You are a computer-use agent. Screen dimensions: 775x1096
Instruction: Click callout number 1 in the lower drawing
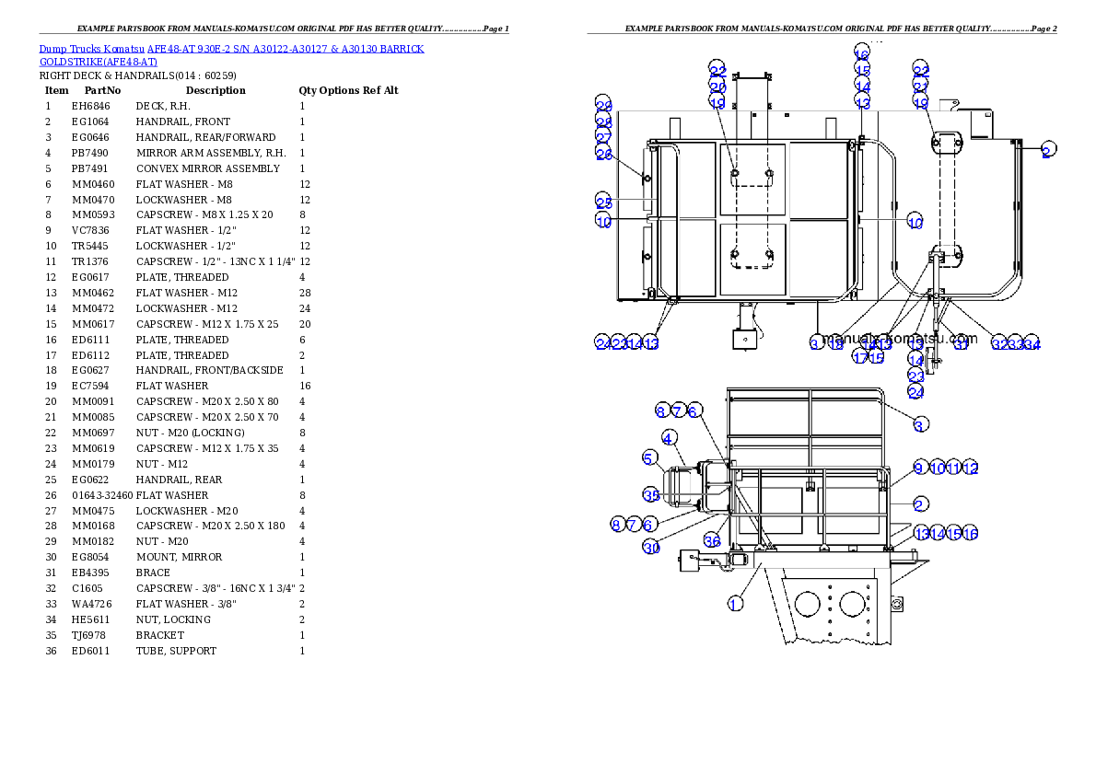tap(735, 604)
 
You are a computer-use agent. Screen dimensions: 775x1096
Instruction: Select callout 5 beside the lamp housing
tap(649, 457)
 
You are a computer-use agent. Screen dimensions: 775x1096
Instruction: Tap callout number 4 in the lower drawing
tap(669, 438)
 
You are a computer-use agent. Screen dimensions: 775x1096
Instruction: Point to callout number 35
tap(651, 495)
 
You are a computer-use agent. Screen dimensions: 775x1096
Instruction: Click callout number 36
tap(712, 540)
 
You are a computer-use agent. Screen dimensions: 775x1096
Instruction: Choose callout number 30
tap(651, 548)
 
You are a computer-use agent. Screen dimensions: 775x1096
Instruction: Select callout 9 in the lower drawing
tap(919, 468)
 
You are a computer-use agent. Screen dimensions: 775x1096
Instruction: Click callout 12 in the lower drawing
tap(970, 468)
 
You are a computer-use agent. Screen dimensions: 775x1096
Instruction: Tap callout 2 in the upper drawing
tap(1046, 152)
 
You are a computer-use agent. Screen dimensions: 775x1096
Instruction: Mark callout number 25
tap(603, 202)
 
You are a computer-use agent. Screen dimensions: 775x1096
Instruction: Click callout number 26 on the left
tap(603, 155)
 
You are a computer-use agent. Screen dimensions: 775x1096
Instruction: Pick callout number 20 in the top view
tap(717, 87)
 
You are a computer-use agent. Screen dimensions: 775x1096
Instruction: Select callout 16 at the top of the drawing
tap(862, 51)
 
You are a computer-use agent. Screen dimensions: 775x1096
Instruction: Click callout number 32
tap(999, 343)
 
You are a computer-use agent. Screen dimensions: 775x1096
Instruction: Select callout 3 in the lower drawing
tap(920, 423)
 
